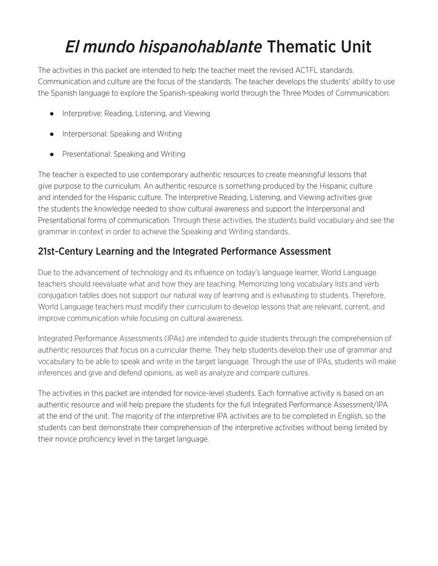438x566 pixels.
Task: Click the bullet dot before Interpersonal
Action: pos(52,134)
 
